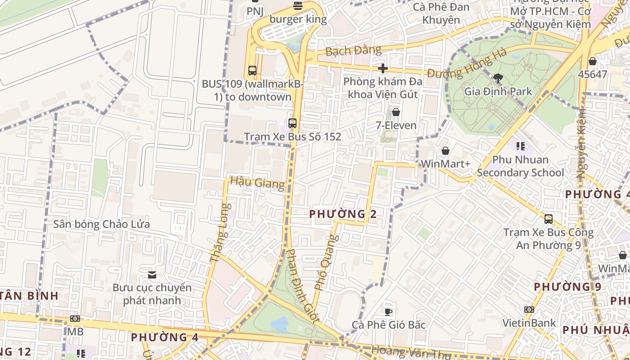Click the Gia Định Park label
(x=498, y=91)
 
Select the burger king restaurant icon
(x=297, y=6)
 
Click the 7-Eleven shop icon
(x=396, y=112)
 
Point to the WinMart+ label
(x=445, y=164)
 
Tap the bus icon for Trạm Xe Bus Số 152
(x=292, y=123)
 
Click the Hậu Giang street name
(x=257, y=183)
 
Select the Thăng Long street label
(x=220, y=233)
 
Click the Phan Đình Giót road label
(x=303, y=286)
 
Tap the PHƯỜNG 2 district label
(x=343, y=214)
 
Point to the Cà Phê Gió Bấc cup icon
(x=388, y=311)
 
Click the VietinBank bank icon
(x=529, y=310)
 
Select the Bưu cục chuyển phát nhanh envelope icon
(x=152, y=274)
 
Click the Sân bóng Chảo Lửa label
(x=102, y=224)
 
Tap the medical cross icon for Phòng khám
(x=383, y=68)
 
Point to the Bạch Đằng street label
(x=353, y=50)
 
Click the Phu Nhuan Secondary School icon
(x=521, y=146)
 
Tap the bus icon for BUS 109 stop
(x=252, y=71)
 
